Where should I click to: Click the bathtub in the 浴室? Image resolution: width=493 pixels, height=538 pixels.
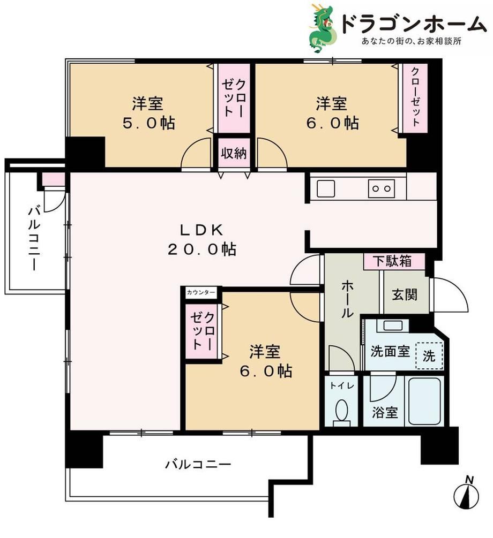(424, 401)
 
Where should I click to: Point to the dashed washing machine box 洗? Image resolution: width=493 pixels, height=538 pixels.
(429, 355)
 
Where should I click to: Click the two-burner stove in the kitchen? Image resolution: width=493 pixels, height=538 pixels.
(382, 188)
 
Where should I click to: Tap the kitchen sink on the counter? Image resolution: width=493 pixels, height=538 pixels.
(326, 188)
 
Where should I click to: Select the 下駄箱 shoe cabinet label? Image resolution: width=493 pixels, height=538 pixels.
(393, 261)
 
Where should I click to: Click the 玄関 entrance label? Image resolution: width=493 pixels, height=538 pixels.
(405, 294)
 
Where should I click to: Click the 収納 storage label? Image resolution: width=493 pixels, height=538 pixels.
(234, 153)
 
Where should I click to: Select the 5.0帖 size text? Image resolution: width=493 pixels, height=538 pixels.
(149, 123)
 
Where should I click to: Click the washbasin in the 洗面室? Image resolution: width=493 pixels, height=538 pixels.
(393, 325)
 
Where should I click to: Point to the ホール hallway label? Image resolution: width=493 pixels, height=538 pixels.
(347, 299)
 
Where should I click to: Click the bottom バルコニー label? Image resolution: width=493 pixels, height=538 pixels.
(198, 465)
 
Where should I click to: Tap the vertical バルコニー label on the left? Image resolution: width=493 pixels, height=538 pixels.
(34, 238)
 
